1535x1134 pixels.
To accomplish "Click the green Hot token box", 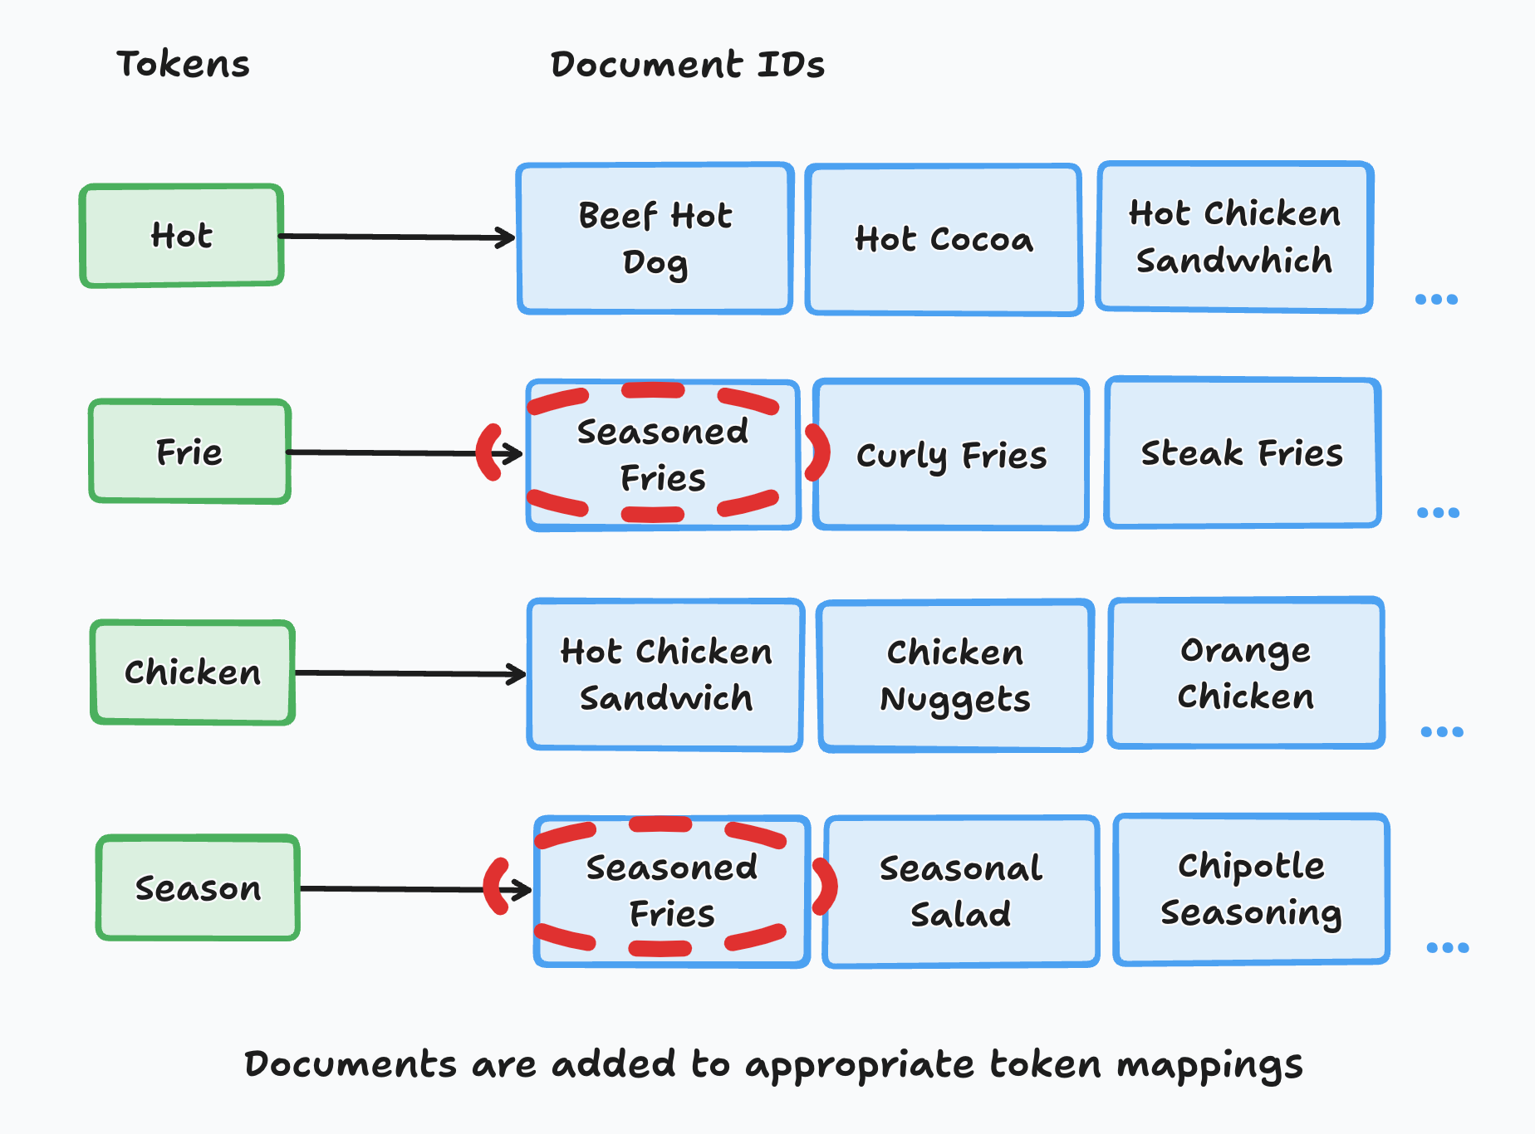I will coord(182,236).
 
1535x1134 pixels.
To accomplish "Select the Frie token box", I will coord(190,452).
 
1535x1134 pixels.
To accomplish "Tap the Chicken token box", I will coord(193,672).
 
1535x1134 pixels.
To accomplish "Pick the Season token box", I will coord(198,888).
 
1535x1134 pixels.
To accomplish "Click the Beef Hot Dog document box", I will coord(655,239).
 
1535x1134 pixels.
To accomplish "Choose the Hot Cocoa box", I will coord(944,240).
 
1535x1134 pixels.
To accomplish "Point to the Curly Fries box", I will coord(951,455).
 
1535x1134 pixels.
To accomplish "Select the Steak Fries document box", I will coord(1242,453).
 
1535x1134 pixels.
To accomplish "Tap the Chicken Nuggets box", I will coord(955,676).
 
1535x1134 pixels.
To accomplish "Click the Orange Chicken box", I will coord(1246,673).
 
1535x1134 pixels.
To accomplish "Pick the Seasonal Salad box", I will coord(961,892).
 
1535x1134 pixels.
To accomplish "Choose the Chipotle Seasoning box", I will coord(1251,889).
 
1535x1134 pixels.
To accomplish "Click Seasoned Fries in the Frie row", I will coord(663,455).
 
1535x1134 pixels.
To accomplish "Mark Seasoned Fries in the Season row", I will coord(671,891).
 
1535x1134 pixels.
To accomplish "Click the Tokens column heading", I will coord(183,64).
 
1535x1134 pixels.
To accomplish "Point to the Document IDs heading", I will coord(687,65).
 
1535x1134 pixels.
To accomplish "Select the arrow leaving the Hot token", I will coord(397,237).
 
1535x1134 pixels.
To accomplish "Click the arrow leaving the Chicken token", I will coord(410,673).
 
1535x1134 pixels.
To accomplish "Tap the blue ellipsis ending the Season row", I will coord(1447,947).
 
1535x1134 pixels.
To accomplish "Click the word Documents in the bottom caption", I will coord(350,1064).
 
